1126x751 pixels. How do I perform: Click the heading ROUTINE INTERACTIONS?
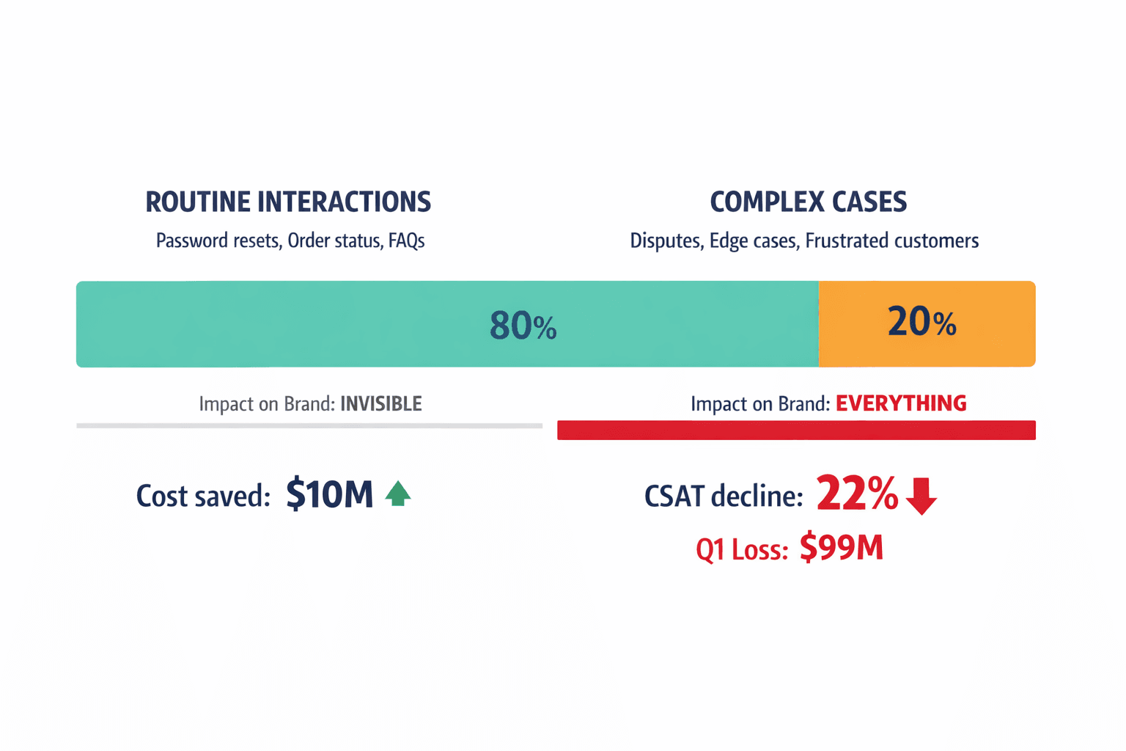(x=288, y=202)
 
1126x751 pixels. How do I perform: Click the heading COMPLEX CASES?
(x=808, y=202)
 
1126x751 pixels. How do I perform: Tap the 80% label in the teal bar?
(x=523, y=326)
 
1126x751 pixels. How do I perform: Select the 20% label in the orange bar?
(x=921, y=322)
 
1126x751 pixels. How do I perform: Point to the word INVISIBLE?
(x=381, y=404)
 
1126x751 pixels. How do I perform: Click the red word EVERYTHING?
(x=901, y=403)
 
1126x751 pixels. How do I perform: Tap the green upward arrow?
(x=398, y=494)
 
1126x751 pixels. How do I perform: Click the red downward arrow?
(x=921, y=496)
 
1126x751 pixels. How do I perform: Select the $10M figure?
(x=329, y=494)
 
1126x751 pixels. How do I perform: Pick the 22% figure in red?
(x=856, y=494)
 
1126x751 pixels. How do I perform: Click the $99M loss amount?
(x=841, y=548)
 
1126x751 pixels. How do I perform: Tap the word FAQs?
(x=407, y=241)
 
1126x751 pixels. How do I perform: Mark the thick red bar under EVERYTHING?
(x=796, y=431)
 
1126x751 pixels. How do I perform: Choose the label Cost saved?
(x=203, y=497)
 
